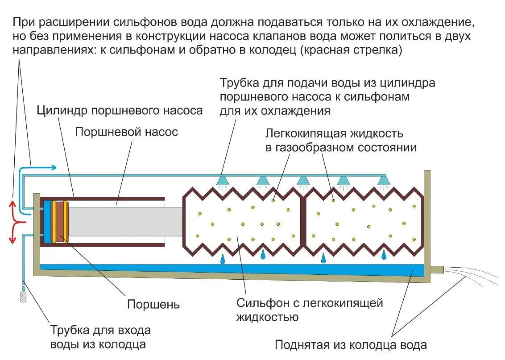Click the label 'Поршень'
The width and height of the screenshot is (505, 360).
pyautogui.click(x=153, y=305)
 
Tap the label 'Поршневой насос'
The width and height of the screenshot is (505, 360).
pyautogui.click(x=126, y=132)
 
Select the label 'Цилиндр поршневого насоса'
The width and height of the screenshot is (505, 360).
pyautogui.click(x=120, y=110)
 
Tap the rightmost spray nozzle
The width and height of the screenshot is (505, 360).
pyautogui.click(x=383, y=180)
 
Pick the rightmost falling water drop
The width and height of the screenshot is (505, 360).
pyautogui.click(x=383, y=255)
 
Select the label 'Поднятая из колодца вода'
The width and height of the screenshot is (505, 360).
pyautogui.click(x=351, y=345)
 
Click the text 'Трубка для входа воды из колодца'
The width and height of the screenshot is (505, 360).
pyautogui.click(x=100, y=337)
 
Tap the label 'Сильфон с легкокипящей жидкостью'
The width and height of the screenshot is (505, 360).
pyautogui.click(x=310, y=310)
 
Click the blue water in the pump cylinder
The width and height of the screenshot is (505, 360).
pyautogui.click(x=47, y=222)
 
